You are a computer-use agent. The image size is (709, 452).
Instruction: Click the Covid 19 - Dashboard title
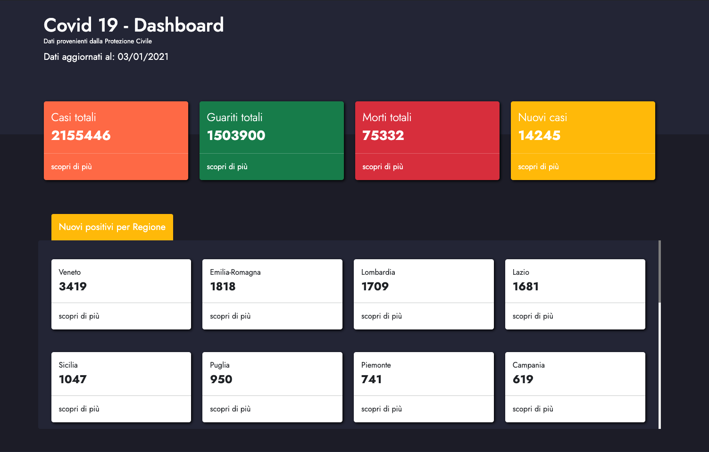133,25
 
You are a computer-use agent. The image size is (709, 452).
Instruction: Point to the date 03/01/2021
143,57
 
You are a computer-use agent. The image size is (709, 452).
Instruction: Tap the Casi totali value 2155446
81,136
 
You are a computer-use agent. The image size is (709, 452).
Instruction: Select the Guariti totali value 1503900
236,136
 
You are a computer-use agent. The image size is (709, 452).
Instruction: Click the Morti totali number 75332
383,136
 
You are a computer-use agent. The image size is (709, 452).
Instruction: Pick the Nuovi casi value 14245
539,136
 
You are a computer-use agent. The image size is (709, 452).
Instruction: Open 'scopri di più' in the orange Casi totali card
72,167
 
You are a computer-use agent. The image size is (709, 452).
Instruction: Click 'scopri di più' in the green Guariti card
227,167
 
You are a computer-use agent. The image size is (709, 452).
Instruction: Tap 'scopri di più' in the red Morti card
383,167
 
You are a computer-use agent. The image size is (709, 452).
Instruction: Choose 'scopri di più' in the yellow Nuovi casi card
538,167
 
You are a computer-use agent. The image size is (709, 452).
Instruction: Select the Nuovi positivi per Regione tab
112,227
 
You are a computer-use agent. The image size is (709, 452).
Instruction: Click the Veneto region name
70,272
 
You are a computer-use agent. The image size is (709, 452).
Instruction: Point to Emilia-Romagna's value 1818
223,287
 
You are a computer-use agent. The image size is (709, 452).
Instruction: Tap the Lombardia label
378,272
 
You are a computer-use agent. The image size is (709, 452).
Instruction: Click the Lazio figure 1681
525,287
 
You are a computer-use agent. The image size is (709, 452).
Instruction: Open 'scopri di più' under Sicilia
79,409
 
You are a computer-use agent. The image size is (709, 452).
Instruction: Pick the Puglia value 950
221,379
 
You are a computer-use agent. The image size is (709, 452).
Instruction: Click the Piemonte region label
376,365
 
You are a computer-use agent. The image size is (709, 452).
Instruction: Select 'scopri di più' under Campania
533,409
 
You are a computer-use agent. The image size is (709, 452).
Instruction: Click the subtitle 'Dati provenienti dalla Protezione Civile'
98,41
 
